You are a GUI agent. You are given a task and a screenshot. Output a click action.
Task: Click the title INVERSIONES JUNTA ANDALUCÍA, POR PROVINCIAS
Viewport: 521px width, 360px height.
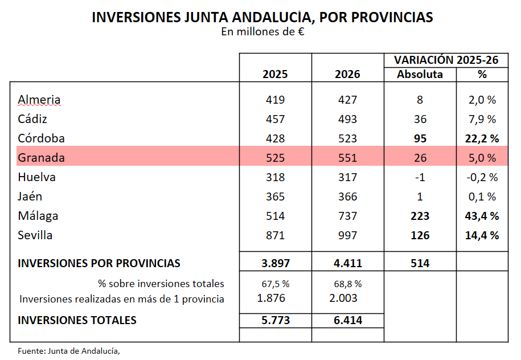(x=262, y=18)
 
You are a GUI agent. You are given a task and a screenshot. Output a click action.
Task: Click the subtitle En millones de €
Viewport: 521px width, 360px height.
(x=262, y=32)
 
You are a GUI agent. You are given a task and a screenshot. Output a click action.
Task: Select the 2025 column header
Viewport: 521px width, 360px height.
(x=275, y=74)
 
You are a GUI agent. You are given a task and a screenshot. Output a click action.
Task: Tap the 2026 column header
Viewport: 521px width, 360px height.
(x=347, y=74)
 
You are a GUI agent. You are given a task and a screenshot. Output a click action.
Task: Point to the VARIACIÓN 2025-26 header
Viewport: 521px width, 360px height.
(x=446, y=60)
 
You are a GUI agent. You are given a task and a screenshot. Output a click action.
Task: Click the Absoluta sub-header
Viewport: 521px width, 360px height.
(x=420, y=74)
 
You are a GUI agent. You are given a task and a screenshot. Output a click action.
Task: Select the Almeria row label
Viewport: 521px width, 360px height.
(x=39, y=100)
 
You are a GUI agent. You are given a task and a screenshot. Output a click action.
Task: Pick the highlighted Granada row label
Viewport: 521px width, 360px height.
(x=41, y=158)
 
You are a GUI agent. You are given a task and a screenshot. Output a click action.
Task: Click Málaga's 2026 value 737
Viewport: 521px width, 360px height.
(x=347, y=216)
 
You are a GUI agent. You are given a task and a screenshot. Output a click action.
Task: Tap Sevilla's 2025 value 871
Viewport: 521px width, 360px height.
(x=275, y=235)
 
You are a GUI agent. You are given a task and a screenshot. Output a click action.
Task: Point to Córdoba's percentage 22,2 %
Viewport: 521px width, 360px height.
(x=482, y=138)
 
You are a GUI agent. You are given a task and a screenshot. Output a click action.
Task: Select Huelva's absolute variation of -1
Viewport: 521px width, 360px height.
(x=420, y=177)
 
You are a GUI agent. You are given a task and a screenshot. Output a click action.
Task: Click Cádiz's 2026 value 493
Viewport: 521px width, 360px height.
(x=347, y=119)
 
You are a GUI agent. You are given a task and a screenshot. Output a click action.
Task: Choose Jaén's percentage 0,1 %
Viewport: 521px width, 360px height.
(x=482, y=197)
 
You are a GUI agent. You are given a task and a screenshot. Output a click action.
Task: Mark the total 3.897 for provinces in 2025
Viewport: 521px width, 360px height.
(x=275, y=263)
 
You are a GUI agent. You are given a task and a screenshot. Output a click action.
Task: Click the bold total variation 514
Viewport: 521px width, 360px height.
(x=420, y=263)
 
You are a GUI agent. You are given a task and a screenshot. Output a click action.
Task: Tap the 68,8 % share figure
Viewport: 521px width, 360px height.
(x=347, y=283)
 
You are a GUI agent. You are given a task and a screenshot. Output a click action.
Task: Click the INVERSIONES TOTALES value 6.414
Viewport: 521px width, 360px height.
(x=347, y=320)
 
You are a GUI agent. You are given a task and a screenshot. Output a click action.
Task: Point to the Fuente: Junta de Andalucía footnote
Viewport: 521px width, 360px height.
(x=69, y=350)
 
